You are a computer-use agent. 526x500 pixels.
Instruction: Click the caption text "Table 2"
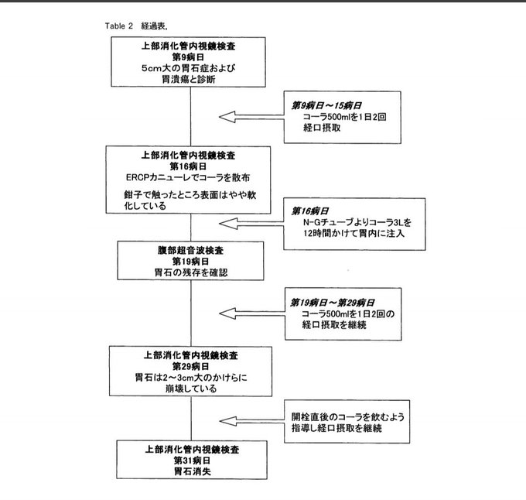[x=119, y=26]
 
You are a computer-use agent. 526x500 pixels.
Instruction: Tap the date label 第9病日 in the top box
[x=188, y=57]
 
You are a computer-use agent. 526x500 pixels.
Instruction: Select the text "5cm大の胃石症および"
[x=188, y=68]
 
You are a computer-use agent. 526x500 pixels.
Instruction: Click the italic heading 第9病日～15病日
[x=326, y=106]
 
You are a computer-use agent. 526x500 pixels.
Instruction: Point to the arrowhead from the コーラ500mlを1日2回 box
[x=227, y=117]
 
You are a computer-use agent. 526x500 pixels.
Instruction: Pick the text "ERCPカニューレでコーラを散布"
[x=188, y=177]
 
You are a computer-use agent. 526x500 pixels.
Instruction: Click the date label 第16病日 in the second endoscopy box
[x=188, y=166]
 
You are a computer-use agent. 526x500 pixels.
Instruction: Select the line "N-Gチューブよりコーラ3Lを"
[x=357, y=222]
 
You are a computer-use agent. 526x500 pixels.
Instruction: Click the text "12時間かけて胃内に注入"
[x=354, y=233]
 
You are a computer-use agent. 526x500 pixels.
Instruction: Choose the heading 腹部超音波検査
[x=190, y=250]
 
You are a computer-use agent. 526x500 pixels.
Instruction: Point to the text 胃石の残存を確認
[x=190, y=272]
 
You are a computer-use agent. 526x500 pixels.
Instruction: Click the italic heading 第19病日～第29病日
[x=332, y=303]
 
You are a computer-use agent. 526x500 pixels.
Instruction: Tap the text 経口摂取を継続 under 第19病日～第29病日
[x=334, y=325]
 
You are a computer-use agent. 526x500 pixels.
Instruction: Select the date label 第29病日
[x=190, y=366]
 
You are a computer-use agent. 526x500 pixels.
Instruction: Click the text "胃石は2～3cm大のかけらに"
[x=191, y=378]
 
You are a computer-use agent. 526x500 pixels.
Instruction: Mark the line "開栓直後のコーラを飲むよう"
[x=348, y=417]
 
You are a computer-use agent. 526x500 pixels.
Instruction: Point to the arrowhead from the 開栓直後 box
[x=227, y=421]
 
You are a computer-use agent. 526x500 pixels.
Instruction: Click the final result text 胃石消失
[x=192, y=471]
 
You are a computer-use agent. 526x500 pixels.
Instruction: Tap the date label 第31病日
[x=192, y=461]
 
